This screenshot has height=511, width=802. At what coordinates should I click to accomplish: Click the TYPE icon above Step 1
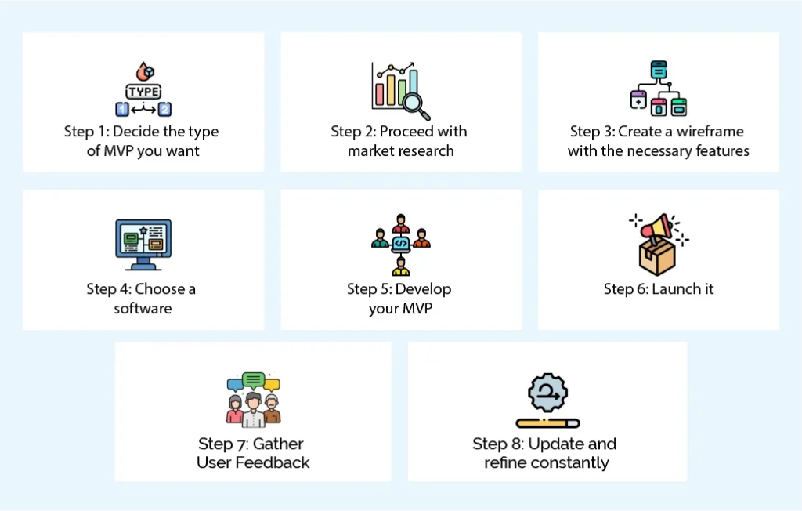coord(143,91)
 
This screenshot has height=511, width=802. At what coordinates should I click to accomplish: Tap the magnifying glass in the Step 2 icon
coord(412,103)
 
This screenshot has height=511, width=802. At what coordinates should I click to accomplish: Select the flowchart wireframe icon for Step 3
coord(658,88)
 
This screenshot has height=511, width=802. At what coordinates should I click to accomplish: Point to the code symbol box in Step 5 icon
coord(401,244)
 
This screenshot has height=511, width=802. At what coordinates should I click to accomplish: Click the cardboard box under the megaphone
coord(656,256)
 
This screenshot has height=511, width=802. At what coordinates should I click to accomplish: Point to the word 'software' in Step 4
coord(143,308)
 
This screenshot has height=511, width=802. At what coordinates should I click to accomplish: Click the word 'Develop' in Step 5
coord(423,288)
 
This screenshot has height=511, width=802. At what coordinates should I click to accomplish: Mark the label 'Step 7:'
coord(224,444)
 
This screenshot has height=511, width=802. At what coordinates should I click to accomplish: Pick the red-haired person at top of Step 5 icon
coord(401,222)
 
